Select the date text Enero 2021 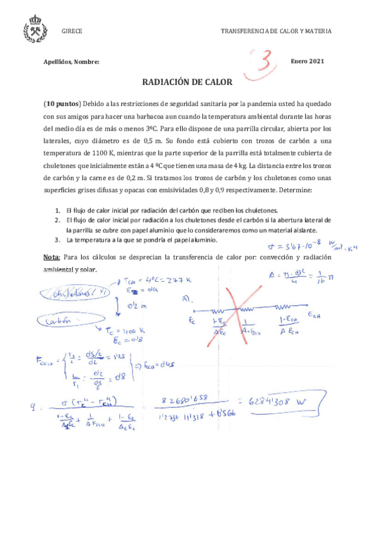click(308, 61)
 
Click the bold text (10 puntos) click(62, 103)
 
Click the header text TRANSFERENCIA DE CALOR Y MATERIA click(276, 31)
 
